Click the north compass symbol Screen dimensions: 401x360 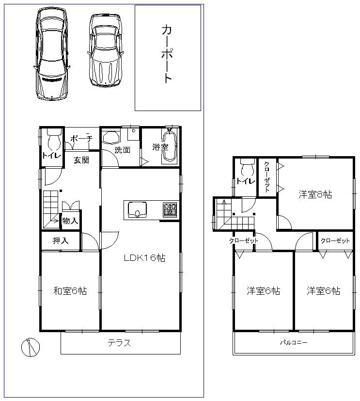30,346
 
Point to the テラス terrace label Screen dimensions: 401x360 119,343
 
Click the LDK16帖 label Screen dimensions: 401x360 144,258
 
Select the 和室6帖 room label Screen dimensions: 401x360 70,291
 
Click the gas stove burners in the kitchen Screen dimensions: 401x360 170,210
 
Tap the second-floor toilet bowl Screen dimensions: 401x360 247,168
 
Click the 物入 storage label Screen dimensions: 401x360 70,221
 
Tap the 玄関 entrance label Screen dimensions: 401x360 81,160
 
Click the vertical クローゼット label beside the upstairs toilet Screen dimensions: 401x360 267,176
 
